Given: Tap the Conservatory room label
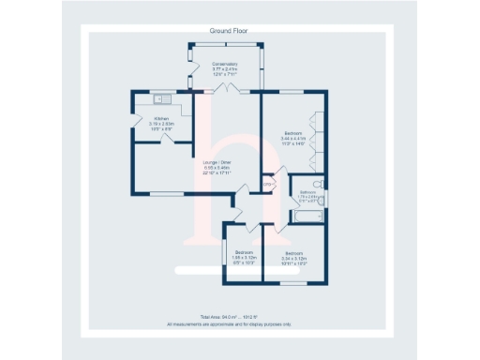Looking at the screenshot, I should coord(225,69).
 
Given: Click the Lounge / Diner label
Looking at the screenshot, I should coord(216,168).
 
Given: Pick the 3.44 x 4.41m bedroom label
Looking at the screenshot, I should coord(293,139).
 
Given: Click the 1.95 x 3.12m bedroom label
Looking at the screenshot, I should coord(244,257).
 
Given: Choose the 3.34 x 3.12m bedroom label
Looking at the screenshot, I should coord(294,257).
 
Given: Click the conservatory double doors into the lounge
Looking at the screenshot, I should coord(226,88).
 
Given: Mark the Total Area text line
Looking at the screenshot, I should coord(229,318).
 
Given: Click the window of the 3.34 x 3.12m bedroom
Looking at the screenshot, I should coord(294,283).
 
